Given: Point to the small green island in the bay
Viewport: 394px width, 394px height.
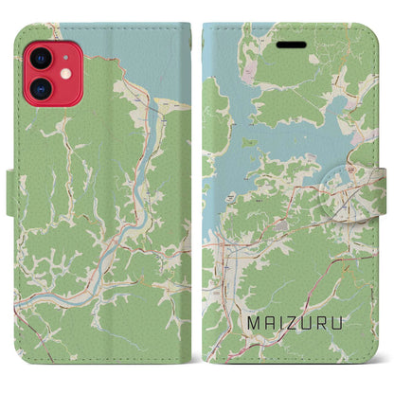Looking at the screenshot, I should (x=250, y=143).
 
